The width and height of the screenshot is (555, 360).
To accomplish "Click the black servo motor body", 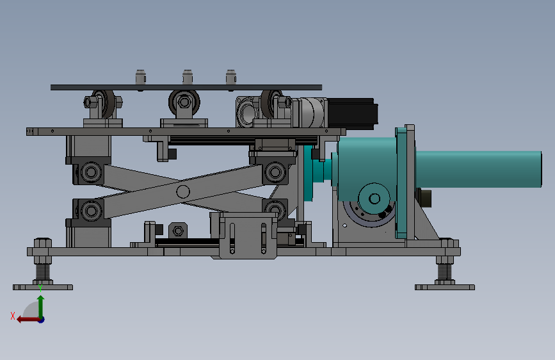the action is pyautogui.click(x=352, y=113).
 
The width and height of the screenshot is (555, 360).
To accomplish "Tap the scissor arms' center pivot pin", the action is pyautogui.click(x=182, y=192).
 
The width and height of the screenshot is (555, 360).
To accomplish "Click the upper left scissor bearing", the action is pyautogui.click(x=91, y=172).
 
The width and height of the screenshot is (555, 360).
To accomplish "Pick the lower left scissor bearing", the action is pyautogui.click(x=91, y=211).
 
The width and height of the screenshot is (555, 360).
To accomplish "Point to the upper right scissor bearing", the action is pyautogui.click(x=275, y=172).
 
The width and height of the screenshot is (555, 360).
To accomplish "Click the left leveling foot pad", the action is pyautogui.click(x=43, y=287).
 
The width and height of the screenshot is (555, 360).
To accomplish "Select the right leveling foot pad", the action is pyautogui.click(x=444, y=287).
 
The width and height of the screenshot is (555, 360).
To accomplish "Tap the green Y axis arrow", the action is pyautogui.click(x=41, y=306).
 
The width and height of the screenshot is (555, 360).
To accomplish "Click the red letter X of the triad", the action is pyautogui.click(x=13, y=316).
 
